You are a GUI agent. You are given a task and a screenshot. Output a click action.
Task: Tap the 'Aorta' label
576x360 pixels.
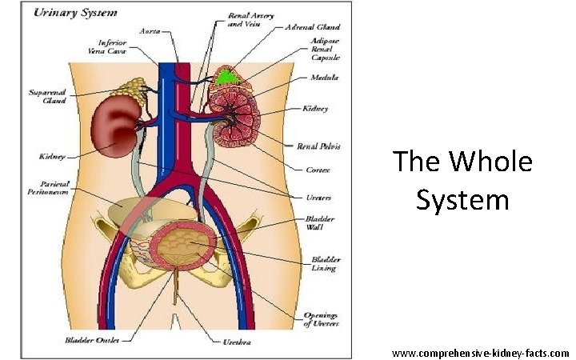click(x=149, y=31)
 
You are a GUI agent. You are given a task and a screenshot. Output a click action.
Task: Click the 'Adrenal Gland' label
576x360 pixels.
click(x=308, y=27)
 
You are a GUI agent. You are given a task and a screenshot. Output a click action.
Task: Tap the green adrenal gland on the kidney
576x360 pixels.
click(x=230, y=78)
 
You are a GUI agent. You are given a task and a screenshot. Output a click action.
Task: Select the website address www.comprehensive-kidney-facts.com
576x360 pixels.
click(x=480, y=353)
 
